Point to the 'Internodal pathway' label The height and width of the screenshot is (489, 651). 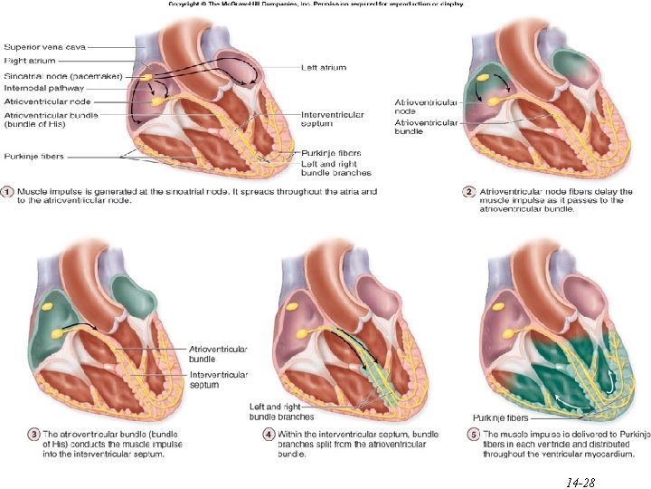[44, 89]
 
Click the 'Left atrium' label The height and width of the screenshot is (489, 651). [323, 68]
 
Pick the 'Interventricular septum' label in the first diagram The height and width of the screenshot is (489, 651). [332, 120]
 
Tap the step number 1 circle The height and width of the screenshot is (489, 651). [7, 191]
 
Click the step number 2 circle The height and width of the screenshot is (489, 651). [469, 191]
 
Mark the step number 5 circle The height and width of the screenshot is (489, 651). [471, 436]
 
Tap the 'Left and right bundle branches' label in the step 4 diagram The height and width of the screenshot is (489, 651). [281, 412]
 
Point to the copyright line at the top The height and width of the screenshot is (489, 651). [316, 5]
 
